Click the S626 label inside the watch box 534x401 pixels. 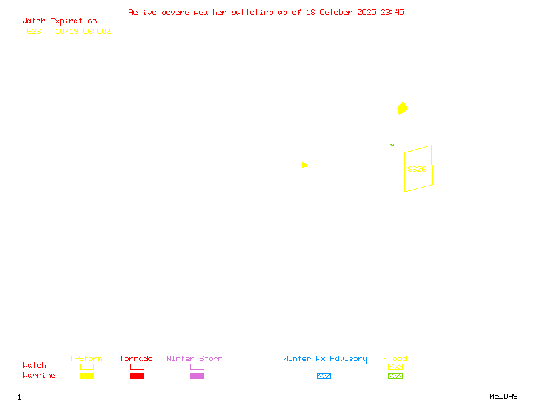(x=417, y=169)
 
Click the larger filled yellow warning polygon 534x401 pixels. (x=402, y=108)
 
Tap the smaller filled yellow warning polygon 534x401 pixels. (x=304, y=164)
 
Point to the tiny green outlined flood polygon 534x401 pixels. (x=392, y=144)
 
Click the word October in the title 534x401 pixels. (x=339, y=12)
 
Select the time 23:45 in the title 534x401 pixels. (x=392, y=12)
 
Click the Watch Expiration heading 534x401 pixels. (x=59, y=21)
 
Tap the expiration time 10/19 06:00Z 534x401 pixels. (x=83, y=31)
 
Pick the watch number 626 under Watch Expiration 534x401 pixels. (x=34, y=31)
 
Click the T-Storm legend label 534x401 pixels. (x=86, y=359)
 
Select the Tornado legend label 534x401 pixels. (x=136, y=359)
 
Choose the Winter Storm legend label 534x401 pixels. (x=194, y=359)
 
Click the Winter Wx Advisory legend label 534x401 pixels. (x=325, y=359)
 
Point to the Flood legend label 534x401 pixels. (x=395, y=359)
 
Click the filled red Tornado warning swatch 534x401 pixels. (x=137, y=376)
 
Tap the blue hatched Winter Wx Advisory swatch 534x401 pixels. (x=324, y=376)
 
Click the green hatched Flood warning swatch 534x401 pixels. (x=395, y=376)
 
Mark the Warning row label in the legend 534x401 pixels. (x=39, y=376)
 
